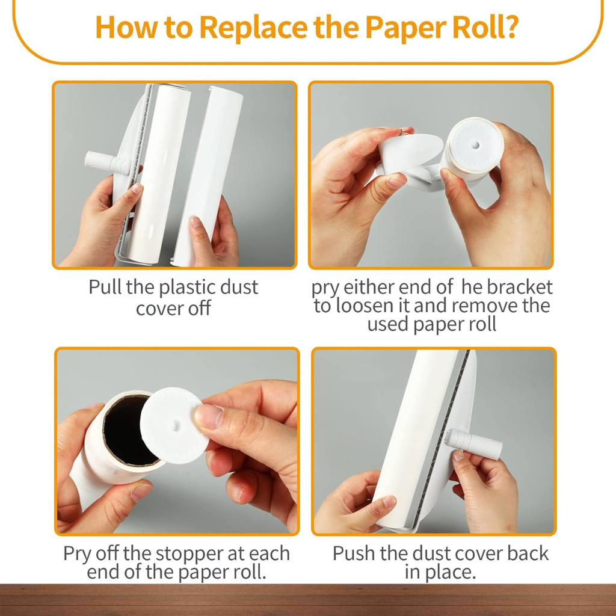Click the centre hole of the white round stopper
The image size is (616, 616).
tap(176, 425)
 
